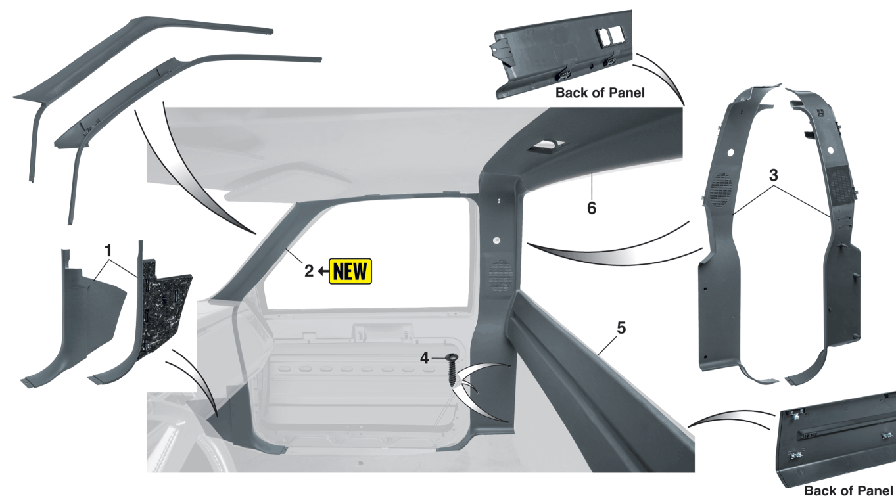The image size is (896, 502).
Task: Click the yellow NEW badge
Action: [350, 271]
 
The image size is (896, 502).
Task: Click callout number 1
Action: [108, 250]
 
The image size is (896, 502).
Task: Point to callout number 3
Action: [774, 175]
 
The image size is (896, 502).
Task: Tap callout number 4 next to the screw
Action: [425, 358]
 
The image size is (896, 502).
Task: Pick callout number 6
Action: [592, 208]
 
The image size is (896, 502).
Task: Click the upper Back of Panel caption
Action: [600, 93]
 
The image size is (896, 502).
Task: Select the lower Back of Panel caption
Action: [849, 491]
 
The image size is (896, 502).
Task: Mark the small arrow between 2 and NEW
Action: [322, 271]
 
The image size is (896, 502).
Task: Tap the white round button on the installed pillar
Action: [497, 240]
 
